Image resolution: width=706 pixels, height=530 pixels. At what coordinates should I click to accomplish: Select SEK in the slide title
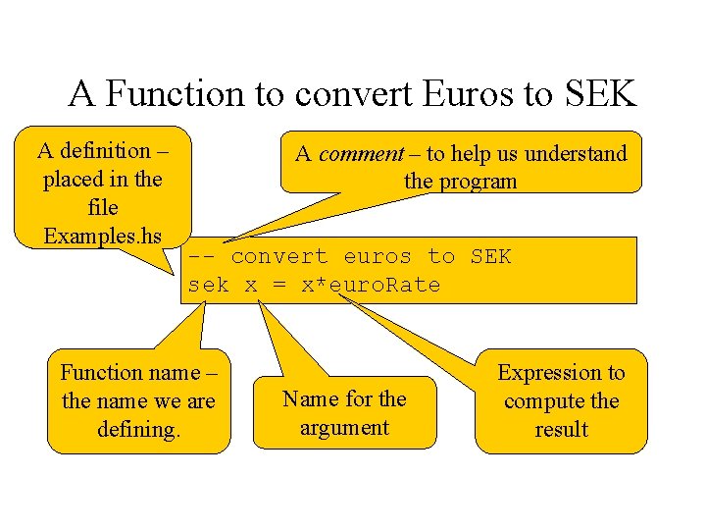[x=601, y=94]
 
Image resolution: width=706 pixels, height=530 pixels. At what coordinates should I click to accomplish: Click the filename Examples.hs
[x=102, y=237]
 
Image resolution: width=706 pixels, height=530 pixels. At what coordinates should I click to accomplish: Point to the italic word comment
[x=362, y=154]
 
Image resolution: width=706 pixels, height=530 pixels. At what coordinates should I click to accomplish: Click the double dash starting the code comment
[x=202, y=257]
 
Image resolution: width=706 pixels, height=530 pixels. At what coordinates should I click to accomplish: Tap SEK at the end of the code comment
[x=490, y=257]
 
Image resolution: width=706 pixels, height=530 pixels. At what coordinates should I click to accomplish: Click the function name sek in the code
[x=208, y=286]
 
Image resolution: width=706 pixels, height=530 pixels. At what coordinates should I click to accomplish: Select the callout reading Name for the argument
[x=344, y=412]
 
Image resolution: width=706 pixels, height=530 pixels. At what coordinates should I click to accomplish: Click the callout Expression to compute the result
[x=561, y=400]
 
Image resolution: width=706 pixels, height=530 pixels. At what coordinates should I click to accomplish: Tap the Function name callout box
[x=138, y=400]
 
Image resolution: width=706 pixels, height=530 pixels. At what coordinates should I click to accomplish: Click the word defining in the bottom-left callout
[x=138, y=429]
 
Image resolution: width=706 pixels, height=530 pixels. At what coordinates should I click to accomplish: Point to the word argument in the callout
[x=344, y=427]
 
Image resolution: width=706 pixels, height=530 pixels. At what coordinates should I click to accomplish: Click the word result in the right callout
[x=561, y=429]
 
